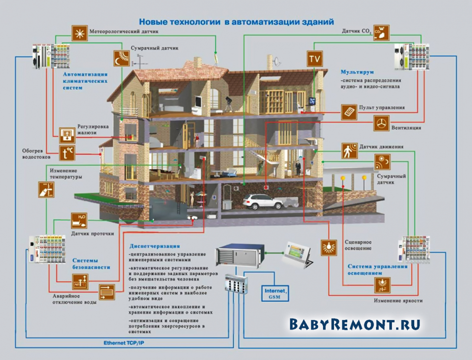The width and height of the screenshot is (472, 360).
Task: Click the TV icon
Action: pos(314,59)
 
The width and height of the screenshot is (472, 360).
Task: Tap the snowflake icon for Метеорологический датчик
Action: pos(80,33)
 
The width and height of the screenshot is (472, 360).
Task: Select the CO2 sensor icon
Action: pos(381,33)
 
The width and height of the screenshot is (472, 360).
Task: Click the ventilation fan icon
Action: pos(381,123)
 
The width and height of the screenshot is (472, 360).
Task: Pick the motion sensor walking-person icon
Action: pos(350,151)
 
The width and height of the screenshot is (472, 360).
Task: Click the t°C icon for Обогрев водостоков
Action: pos(67,153)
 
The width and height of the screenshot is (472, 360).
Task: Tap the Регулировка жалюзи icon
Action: pos(67,135)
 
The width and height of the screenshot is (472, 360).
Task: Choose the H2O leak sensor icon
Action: pos(79,221)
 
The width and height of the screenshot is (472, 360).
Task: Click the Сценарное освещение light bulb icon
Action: pos(329,248)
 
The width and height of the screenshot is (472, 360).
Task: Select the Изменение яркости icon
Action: pos(382,286)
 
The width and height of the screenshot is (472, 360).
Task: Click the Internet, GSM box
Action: pos(275,294)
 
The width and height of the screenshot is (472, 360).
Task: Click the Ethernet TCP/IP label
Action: pos(124,343)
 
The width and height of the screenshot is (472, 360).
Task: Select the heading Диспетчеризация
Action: pos(155,246)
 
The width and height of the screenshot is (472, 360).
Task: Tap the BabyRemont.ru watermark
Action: pos(355,324)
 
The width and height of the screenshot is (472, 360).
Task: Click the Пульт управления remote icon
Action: pos(349,112)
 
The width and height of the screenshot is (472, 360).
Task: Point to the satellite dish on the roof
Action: pos(276,62)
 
